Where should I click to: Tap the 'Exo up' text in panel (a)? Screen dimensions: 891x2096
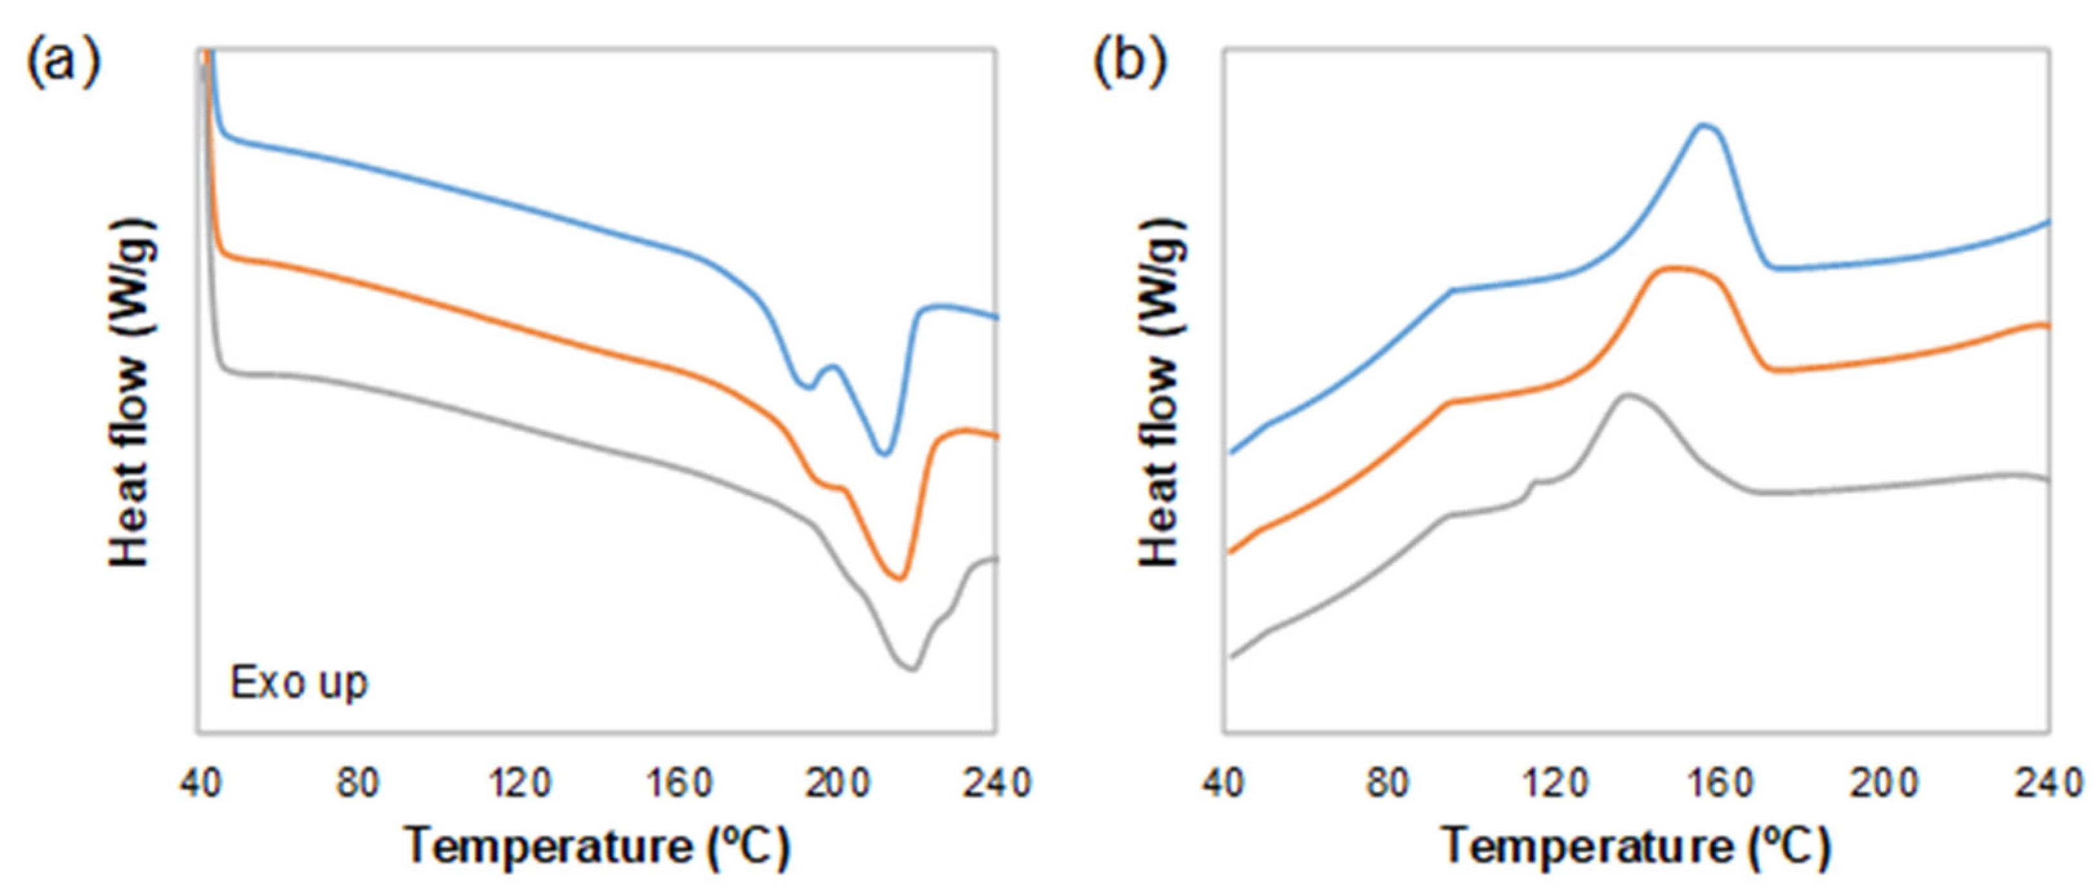299,682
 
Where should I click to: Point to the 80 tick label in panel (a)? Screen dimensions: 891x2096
359,783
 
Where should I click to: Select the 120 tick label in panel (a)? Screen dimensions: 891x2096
519,783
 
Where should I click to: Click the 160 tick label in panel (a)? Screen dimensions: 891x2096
679,783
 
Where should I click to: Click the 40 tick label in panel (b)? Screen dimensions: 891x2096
1223,783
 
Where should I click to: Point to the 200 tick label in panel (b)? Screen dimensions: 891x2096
1884,783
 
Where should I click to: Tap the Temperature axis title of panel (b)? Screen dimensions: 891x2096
1636,846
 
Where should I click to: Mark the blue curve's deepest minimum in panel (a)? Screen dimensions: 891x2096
885,453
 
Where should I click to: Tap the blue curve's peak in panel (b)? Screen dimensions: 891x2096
1705,126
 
